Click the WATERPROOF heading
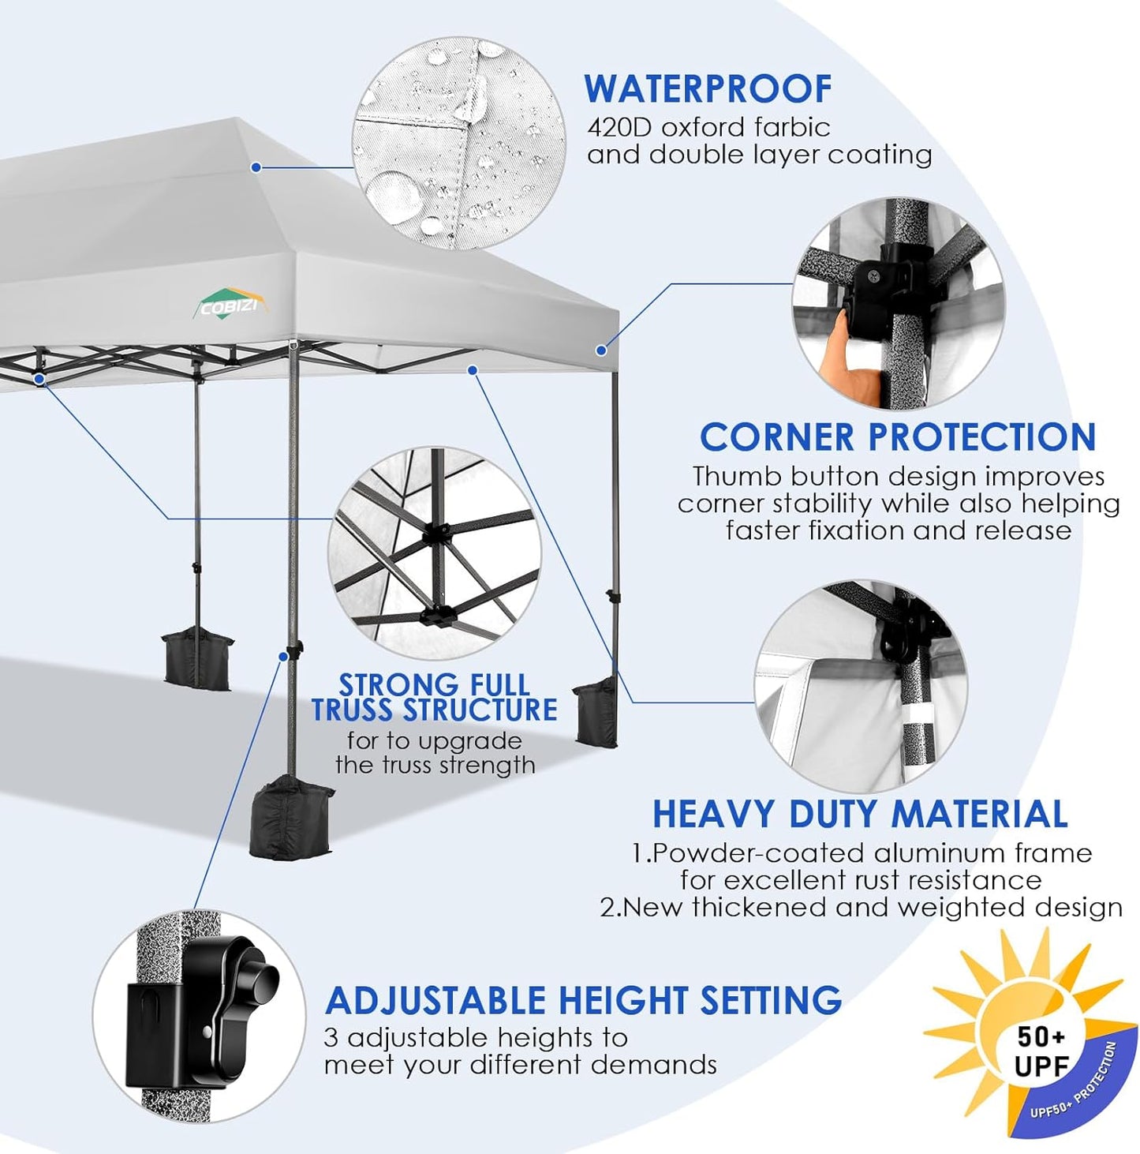[708, 88]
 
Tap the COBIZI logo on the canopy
[230, 305]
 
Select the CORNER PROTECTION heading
[897, 436]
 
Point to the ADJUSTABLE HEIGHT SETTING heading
[583, 1000]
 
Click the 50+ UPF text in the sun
[1041, 1051]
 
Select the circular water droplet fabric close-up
[459, 144]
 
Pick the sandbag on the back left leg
[197, 657]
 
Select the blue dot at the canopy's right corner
[601, 350]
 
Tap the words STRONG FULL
[434, 684]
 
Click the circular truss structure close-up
[435, 553]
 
